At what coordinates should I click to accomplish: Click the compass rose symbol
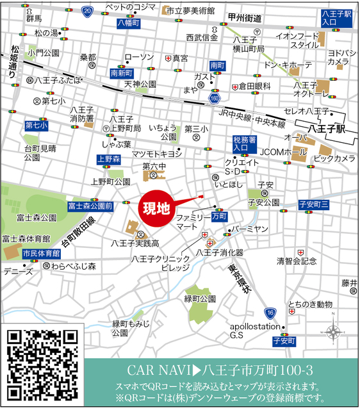(x=334, y=332)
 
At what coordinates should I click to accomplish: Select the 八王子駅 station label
(x=326, y=128)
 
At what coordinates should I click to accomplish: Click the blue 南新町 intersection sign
(x=121, y=73)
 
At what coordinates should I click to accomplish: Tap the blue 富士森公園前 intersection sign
(x=90, y=206)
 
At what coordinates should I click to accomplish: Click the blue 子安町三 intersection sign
(x=314, y=204)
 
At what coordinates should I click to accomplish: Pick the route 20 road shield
(x=88, y=11)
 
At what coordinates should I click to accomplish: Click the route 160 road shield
(x=215, y=98)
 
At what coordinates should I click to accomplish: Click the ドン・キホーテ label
(x=287, y=65)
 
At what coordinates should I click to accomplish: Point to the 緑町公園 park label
(x=199, y=299)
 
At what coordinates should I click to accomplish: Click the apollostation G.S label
(x=254, y=330)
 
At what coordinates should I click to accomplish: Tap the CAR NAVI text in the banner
(x=160, y=370)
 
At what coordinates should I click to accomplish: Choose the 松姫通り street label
(x=15, y=58)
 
